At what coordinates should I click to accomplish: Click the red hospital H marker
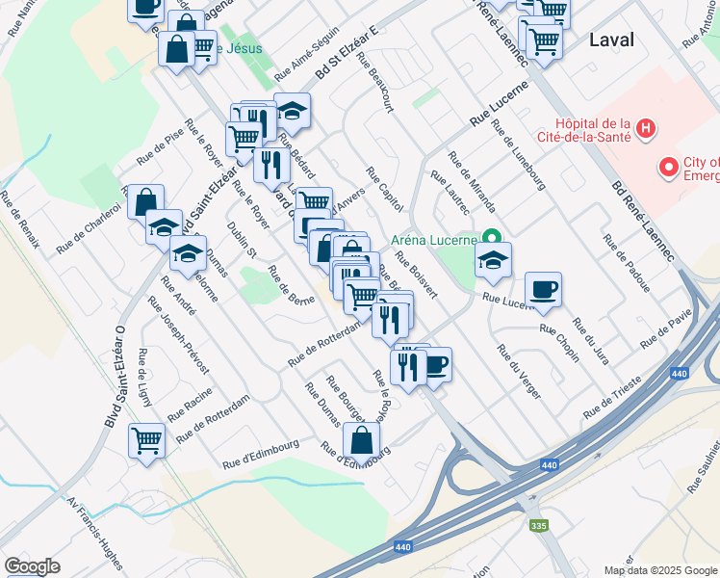click(647, 127)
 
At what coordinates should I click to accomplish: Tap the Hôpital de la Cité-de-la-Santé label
click(592, 129)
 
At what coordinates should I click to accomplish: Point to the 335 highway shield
click(539, 526)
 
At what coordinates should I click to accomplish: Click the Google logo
click(32, 566)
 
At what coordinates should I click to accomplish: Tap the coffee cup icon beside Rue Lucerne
click(543, 289)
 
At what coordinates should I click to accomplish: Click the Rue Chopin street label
click(559, 342)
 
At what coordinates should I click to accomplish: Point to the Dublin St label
click(242, 240)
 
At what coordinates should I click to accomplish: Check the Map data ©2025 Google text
click(660, 570)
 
